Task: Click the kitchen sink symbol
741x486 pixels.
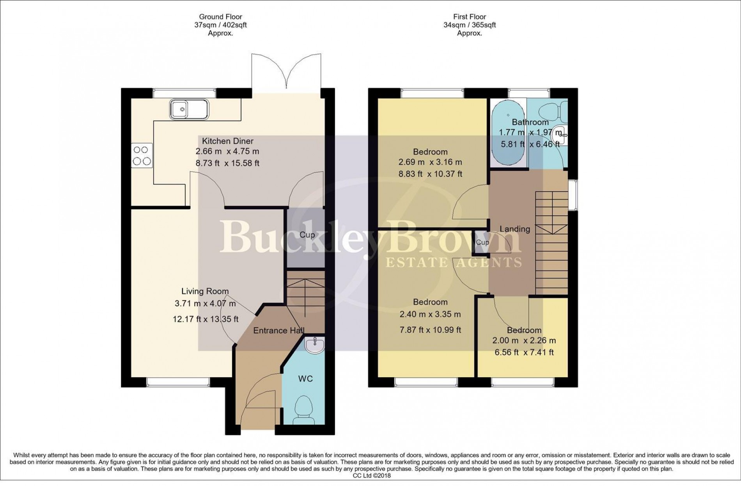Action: [189, 109]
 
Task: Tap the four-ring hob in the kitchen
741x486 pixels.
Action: [142, 155]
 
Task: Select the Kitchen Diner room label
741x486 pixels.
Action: [227, 141]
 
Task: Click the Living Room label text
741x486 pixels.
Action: [205, 291]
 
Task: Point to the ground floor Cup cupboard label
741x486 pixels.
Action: [307, 235]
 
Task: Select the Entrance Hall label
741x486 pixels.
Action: [278, 331]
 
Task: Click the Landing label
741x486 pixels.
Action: [515, 229]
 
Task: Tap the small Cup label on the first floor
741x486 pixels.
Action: [482, 242]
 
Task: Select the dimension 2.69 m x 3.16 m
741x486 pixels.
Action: [430, 162]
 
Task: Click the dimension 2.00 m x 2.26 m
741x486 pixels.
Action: [524, 340]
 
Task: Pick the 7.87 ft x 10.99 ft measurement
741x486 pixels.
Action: [430, 330]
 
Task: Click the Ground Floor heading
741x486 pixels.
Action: [220, 17]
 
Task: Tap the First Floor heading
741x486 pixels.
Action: [470, 17]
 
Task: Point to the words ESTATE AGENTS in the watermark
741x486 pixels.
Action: [453, 262]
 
